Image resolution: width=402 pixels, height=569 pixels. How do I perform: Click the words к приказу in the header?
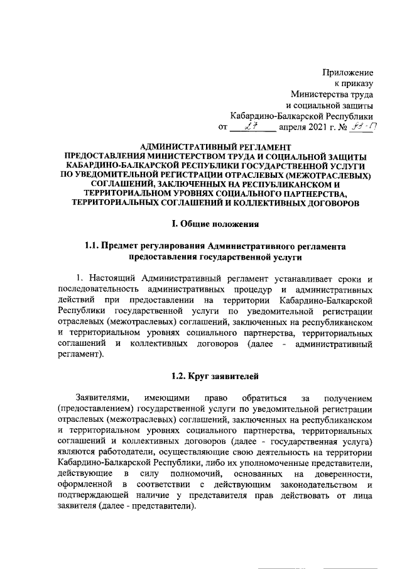[352, 83]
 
